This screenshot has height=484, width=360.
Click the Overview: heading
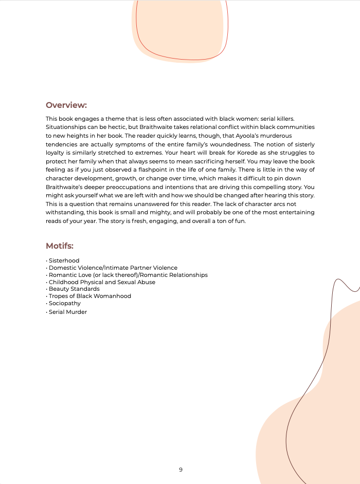pos(66,105)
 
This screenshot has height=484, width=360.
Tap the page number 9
pos(181,470)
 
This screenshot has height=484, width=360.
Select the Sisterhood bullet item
pos(64,260)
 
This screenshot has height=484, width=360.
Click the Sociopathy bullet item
pos(64,303)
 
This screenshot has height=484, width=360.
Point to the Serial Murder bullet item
pos(68,312)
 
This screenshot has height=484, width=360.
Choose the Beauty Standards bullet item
pos(74,289)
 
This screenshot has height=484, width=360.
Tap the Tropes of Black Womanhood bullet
pos(89,296)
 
